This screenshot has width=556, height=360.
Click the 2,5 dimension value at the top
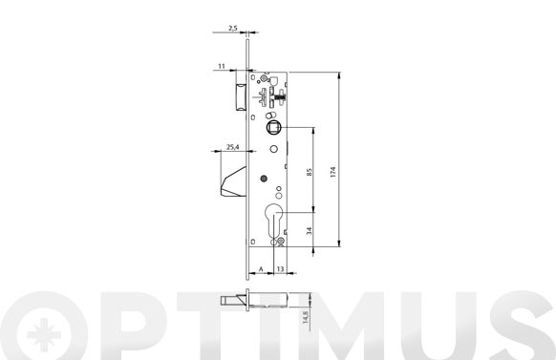coord(232,28)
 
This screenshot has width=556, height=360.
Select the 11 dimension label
coord(222,66)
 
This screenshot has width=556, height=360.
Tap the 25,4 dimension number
coord(232,147)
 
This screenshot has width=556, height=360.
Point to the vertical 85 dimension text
coord(310,173)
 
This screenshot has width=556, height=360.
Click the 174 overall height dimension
coord(332,172)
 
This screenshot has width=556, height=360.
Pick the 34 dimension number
coord(310,231)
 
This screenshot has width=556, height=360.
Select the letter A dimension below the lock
coord(261,269)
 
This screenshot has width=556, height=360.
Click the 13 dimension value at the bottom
coord(280,269)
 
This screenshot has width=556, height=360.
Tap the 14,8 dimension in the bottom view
coord(306,317)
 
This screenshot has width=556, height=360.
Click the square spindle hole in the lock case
coord(273,127)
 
